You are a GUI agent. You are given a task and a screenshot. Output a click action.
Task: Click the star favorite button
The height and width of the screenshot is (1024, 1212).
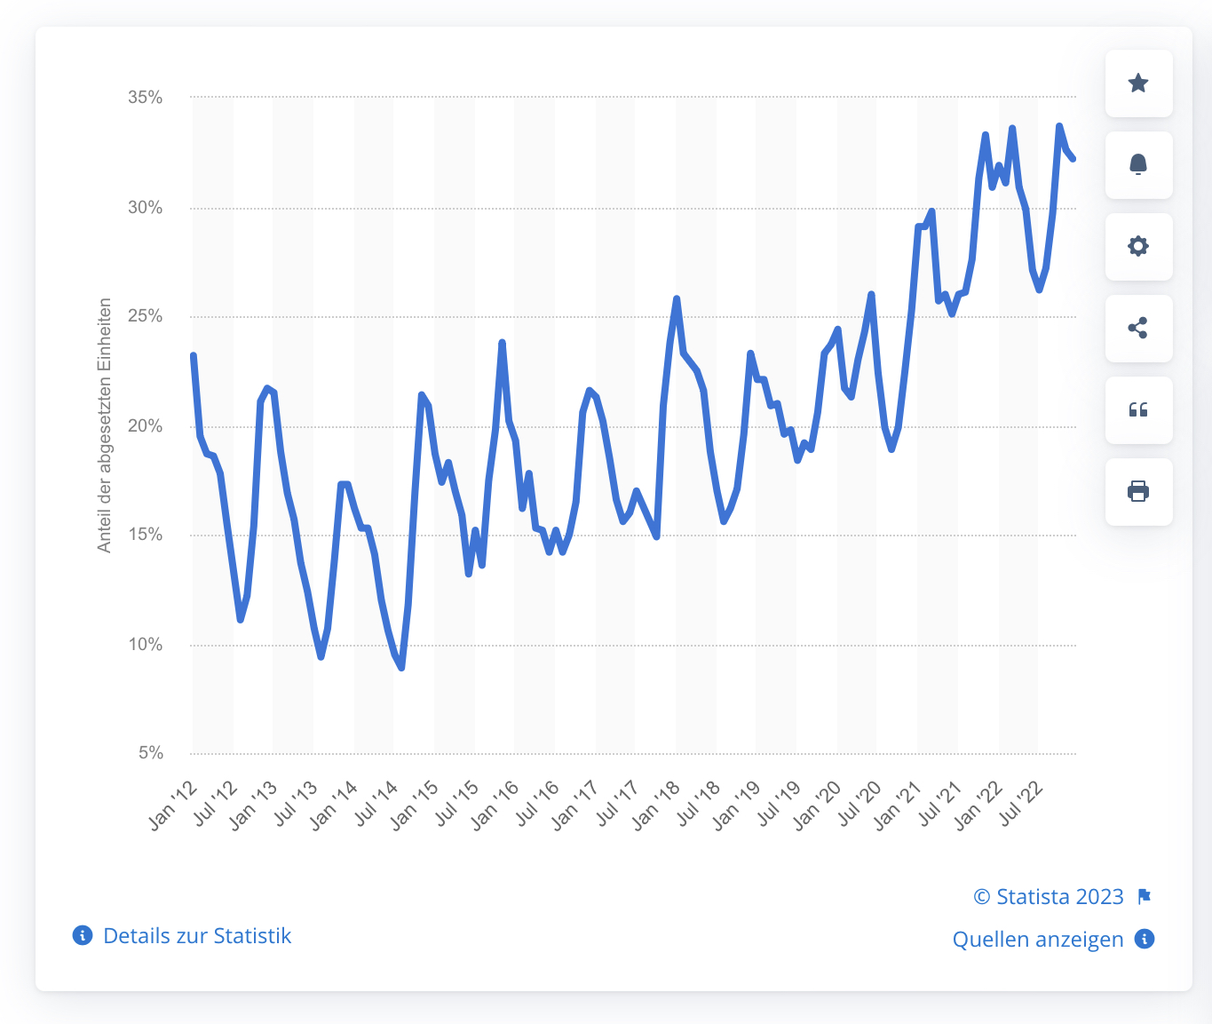(1138, 83)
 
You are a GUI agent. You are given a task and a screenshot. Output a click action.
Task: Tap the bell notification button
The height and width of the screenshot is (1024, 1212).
(1138, 165)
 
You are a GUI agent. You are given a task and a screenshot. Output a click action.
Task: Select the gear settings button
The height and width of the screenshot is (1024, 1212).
(1138, 247)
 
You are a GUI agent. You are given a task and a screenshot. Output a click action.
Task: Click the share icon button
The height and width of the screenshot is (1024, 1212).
(1138, 329)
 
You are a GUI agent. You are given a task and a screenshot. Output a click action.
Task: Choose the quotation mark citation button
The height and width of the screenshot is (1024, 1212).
(1138, 410)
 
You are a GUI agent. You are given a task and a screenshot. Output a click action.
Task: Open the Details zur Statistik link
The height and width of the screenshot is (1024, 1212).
(197, 936)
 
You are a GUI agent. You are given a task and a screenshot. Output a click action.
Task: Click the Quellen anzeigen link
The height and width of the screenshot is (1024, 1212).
(1037, 940)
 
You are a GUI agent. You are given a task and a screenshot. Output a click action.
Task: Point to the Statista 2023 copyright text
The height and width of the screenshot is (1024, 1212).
(1049, 897)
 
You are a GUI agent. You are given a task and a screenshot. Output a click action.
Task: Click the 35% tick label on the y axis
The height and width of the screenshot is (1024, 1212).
(146, 98)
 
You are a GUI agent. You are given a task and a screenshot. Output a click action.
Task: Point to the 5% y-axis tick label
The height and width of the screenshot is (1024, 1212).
(151, 753)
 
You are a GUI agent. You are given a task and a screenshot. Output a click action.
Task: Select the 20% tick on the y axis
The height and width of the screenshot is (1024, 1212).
(146, 426)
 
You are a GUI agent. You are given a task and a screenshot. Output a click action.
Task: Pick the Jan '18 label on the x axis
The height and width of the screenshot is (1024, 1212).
(658, 805)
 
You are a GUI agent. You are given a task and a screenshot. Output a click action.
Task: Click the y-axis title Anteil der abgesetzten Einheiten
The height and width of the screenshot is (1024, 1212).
(105, 425)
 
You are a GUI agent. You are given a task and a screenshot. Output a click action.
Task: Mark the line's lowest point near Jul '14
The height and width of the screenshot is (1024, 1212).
(402, 667)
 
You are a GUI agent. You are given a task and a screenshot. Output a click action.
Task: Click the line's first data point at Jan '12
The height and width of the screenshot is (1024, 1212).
(194, 356)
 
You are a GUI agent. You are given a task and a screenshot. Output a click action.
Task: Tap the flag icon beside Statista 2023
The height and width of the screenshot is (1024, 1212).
(1145, 896)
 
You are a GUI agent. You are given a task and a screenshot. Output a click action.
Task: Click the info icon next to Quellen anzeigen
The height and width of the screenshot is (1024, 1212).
(1145, 939)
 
